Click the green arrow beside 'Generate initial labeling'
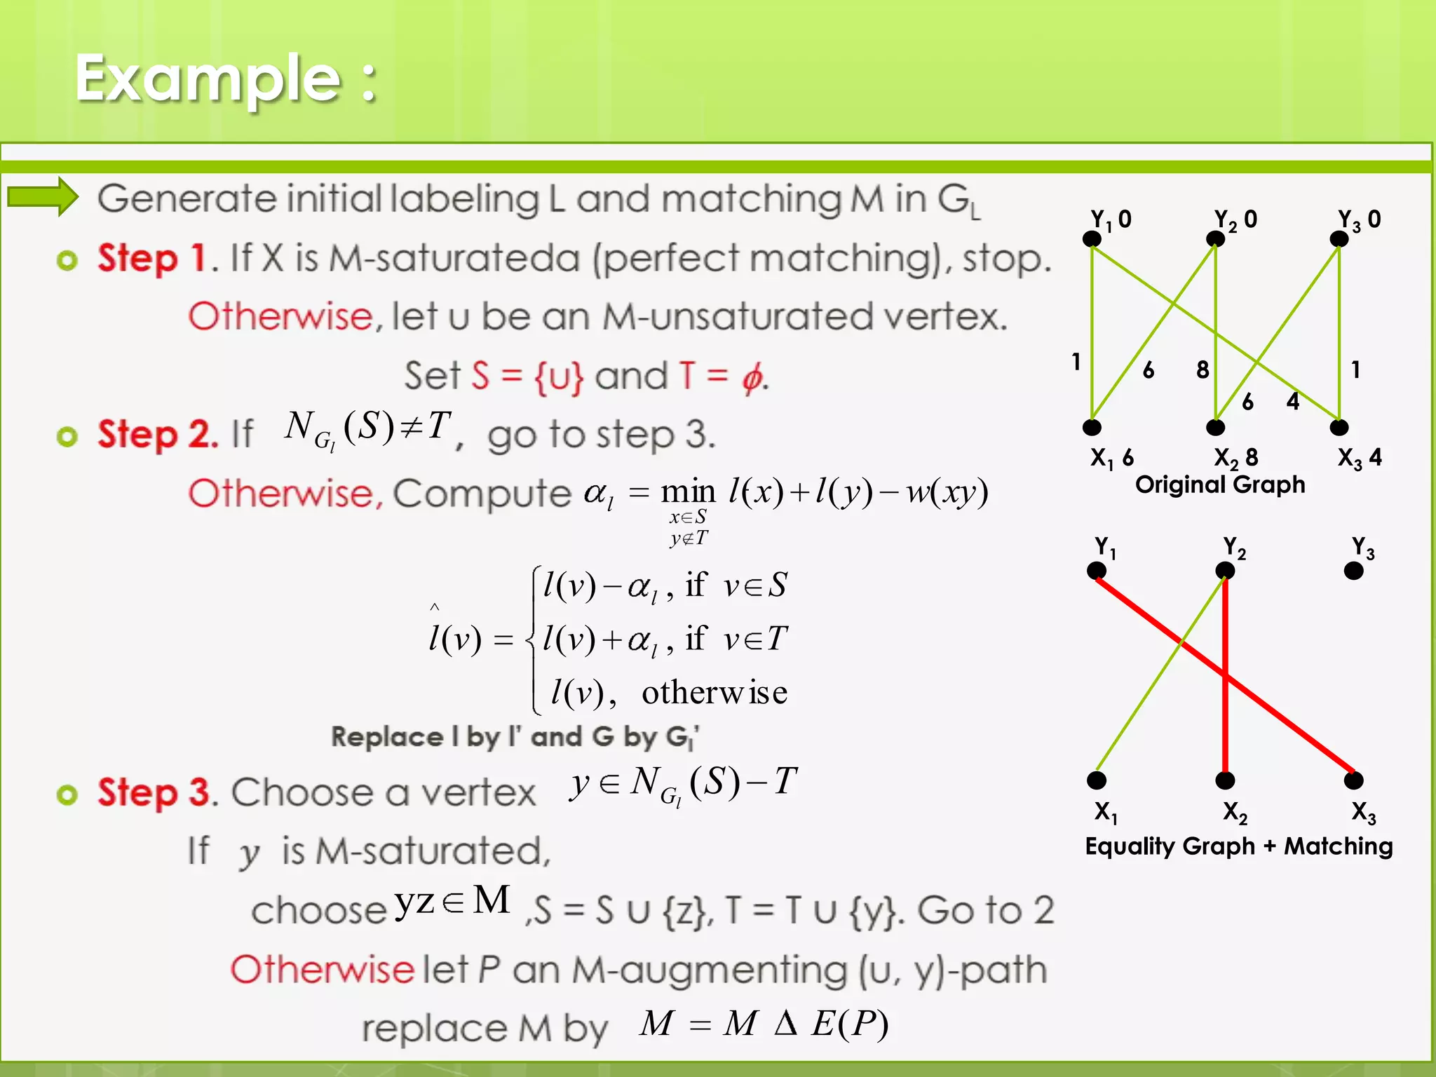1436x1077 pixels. [x=42, y=197]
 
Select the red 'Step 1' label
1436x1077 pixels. [x=151, y=258]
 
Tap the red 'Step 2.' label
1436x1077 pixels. [x=158, y=434]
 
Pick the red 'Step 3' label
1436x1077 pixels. [x=154, y=793]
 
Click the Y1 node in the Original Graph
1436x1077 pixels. [x=1092, y=239]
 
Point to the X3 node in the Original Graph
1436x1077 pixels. [x=1339, y=427]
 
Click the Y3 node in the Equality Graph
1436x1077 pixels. [x=1353, y=571]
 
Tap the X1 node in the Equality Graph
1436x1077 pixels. [x=1097, y=780]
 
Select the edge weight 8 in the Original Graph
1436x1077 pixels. [x=1203, y=370]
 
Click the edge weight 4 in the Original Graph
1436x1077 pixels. [x=1293, y=401]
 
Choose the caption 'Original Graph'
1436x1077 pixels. [x=1220, y=485]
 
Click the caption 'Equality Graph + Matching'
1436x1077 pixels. [x=1238, y=846]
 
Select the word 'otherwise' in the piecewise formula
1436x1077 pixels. [x=714, y=693]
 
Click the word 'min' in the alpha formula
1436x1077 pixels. [x=688, y=492]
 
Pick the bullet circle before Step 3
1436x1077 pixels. [x=67, y=794]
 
